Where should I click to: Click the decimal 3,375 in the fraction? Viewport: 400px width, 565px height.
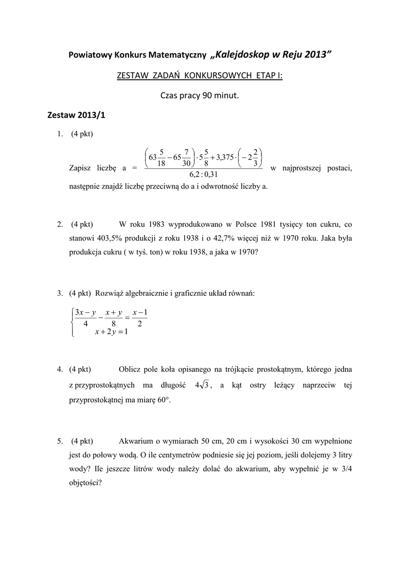[x=224, y=157]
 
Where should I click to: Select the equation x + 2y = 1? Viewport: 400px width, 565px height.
[x=111, y=332]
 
